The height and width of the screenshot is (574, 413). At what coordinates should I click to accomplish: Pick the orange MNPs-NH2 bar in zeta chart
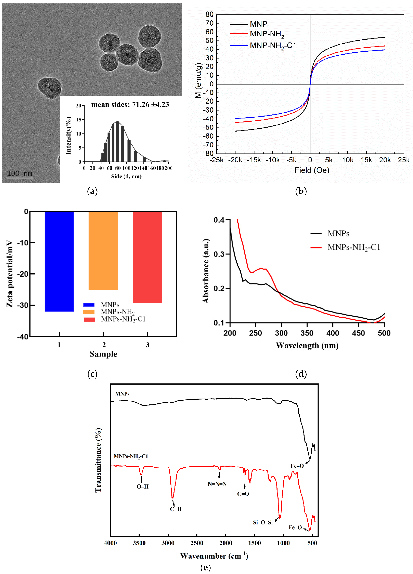click(x=103, y=251)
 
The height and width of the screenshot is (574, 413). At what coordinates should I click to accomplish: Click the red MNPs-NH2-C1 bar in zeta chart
click(x=147, y=257)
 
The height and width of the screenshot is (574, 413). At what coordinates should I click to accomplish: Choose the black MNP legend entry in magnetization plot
click(x=258, y=24)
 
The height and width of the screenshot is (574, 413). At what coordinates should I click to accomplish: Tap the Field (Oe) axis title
click(x=312, y=170)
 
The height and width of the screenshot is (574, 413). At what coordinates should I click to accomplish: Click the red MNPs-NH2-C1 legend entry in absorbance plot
click(x=354, y=247)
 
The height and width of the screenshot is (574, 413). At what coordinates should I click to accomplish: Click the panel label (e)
click(x=205, y=568)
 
